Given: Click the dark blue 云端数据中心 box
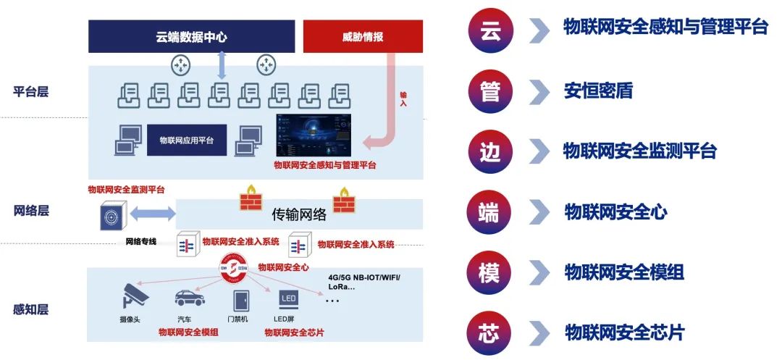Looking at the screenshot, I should click(191, 36).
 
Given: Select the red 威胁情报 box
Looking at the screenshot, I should click(363, 36).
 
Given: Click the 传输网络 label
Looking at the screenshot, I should click(299, 214).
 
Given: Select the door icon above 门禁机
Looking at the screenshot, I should click(240, 299).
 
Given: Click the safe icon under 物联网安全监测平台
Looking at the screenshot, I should click(114, 215).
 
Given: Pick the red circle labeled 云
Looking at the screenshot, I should click(489, 30).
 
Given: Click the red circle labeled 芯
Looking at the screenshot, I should click(489, 333).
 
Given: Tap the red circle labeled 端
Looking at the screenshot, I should click(489, 212).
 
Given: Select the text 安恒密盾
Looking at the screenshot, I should click(598, 91).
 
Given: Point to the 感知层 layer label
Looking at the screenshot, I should click(31, 309).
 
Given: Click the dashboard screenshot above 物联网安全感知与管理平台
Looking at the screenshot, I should click(314, 135).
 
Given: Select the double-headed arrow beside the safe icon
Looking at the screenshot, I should click(153, 214).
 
